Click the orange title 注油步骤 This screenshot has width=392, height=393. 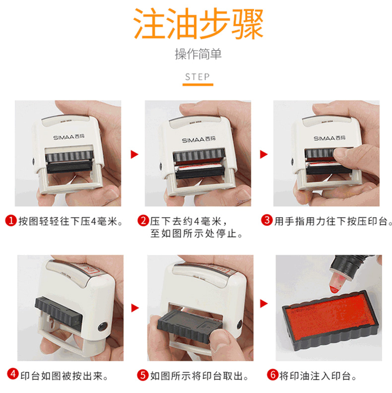(198, 23)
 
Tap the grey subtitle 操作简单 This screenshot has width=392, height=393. (198, 54)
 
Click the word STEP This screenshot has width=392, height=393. (197, 77)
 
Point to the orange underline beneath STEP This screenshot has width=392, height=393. (198, 85)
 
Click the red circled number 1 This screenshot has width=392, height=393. (11, 220)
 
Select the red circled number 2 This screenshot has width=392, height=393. (143, 220)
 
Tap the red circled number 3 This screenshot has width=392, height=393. (267, 220)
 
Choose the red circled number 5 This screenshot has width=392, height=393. (143, 375)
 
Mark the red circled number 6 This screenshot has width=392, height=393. (273, 375)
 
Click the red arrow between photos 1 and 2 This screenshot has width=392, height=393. (134, 154)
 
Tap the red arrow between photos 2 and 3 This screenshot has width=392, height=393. (263, 154)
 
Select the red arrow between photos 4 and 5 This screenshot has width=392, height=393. (135, 308)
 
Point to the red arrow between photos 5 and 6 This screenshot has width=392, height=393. (264, 304)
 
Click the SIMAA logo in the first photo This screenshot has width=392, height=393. (68, 137)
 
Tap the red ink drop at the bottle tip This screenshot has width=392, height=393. (334, 289)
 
